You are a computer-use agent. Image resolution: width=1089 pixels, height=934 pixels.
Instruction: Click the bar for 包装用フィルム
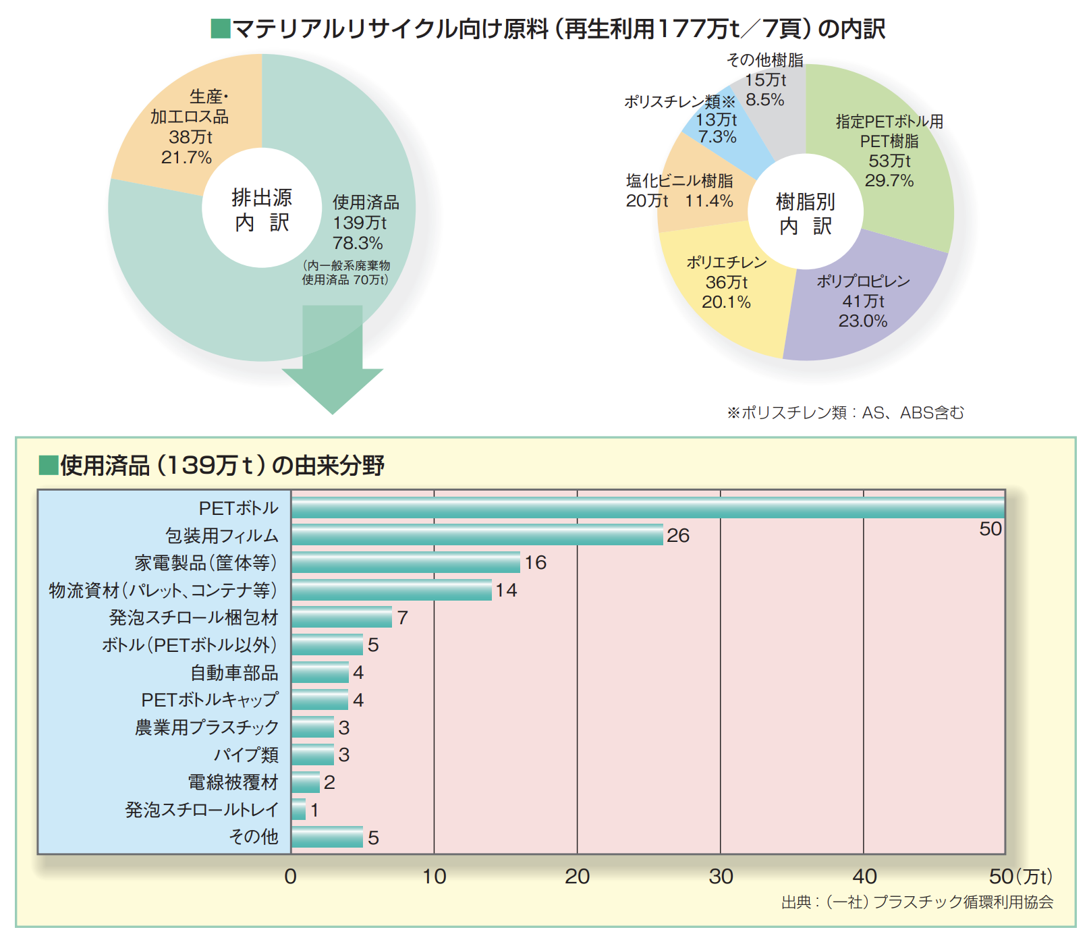pyautogui.click(x=477, y=535)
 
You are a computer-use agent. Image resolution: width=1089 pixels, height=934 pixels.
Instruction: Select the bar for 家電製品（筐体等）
pyautogui.click(x=406, y=563)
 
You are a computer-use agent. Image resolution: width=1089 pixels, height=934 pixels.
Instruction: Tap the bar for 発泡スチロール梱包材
pyautogui.click(x=341, y=617)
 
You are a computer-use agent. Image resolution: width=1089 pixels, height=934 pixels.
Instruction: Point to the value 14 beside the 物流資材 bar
pyautogui.click(x=506, y=590)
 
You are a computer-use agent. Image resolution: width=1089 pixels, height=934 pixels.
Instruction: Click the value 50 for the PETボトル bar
pyautogui.click(x=990, y=529)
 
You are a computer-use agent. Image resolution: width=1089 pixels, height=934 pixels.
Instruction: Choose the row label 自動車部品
pyautogui.click(x=234, y=673)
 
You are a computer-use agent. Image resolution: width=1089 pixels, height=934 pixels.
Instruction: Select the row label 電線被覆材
pyautogui.click(x=233, y=783)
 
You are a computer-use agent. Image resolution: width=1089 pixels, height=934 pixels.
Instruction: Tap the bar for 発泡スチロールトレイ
pyautogui.click(x=299, y=810)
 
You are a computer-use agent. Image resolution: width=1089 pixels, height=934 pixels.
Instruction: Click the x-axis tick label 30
pyautogui.click(x=721, y=877)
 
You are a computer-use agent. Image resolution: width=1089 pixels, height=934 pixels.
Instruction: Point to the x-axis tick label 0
pyautogui.click(x=290, y=877)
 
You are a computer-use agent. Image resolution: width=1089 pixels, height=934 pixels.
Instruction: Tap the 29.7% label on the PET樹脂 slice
pyautogui.click(x=889, y=181)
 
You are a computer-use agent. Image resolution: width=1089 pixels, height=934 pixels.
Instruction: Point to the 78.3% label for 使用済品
pyautogui.click(x=358, y=243)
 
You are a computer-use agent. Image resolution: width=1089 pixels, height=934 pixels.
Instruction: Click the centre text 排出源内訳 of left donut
pyautogui.click(x=262, y=209)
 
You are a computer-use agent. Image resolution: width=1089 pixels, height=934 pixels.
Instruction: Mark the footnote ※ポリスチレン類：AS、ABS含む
pyautogui.click(x=845, y=412)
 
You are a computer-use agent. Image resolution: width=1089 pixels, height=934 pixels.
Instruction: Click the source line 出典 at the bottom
pyautogui.click(x=917, y=902)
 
